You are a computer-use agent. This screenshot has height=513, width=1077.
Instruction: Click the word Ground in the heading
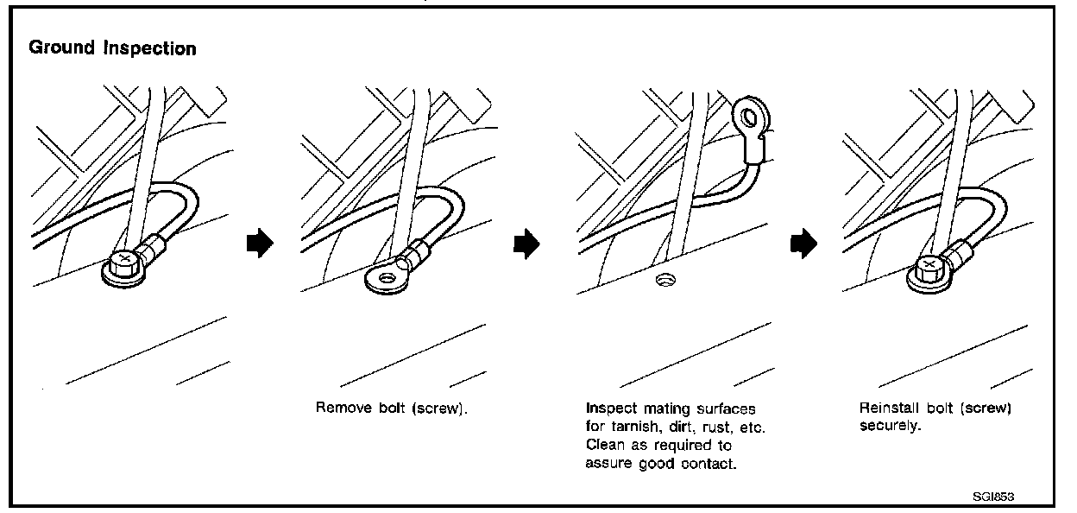(62, 48)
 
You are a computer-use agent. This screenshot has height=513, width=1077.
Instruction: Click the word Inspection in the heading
(150, 49)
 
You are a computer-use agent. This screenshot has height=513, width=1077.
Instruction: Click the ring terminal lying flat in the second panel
(386, 278)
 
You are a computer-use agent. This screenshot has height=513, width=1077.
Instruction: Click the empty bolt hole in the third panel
(664, 279)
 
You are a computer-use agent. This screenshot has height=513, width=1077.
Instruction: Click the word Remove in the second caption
(339, 408)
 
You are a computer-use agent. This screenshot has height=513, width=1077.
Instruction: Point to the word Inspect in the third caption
(609, 408)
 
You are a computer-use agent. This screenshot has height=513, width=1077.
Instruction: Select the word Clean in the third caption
(604, 446)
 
